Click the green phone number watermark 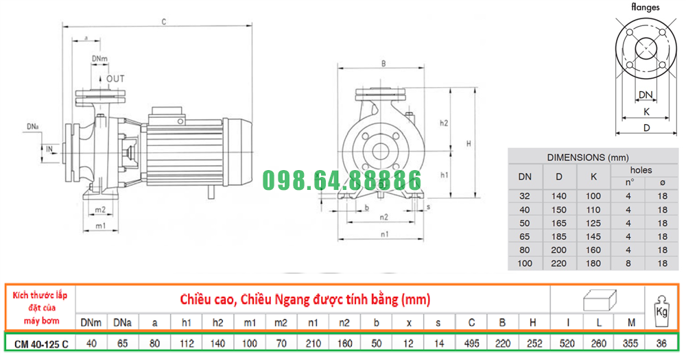[x=342, y=180]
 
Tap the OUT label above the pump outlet [x=115, y=79]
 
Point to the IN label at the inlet [x=49, y=149]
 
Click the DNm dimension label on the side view [x=99, y=58]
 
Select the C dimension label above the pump [x=164, y=22]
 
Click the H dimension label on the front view [x=469, y=143]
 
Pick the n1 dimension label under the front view [x=384, y=235]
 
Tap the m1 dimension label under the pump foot [x=101, y=226]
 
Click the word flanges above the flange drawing [x=646, y=7]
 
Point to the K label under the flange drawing [x=647, y=112]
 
